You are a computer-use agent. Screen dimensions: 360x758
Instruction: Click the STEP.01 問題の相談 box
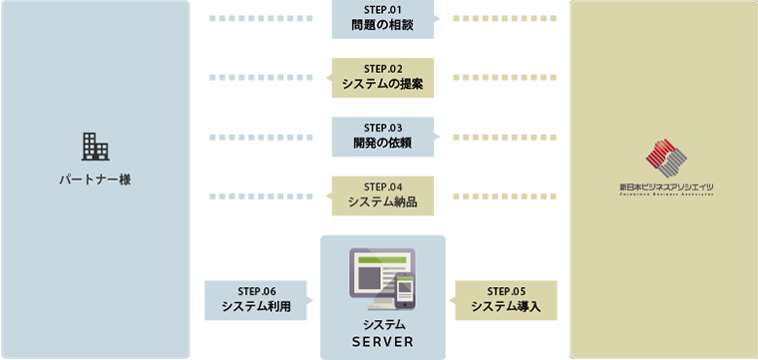383,19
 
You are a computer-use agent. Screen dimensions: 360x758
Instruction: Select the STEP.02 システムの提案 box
383,78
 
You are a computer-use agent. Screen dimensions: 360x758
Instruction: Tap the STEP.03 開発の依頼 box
383,137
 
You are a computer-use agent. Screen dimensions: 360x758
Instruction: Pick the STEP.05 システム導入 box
505,300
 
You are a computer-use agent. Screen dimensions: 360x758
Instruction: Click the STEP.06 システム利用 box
256,300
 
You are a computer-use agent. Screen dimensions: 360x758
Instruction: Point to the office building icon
95,146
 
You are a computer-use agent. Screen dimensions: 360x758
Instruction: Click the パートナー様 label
95,180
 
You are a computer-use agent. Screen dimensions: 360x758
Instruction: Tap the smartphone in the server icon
405,292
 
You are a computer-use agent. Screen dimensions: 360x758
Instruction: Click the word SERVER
382,343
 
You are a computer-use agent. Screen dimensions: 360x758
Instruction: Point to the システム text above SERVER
383,326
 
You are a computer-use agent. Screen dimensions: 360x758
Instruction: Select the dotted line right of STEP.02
498,78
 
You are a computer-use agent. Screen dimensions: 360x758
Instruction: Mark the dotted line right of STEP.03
498,137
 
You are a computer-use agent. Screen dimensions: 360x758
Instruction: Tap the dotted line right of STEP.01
498,19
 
